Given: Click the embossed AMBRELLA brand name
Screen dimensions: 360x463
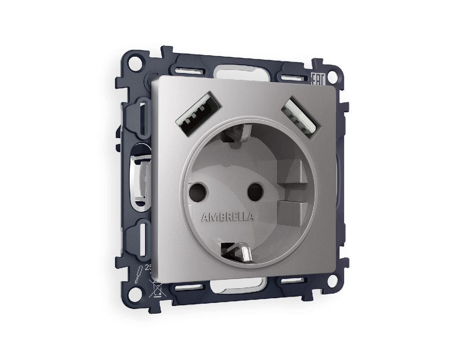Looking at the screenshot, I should click(x=227, y=217).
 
